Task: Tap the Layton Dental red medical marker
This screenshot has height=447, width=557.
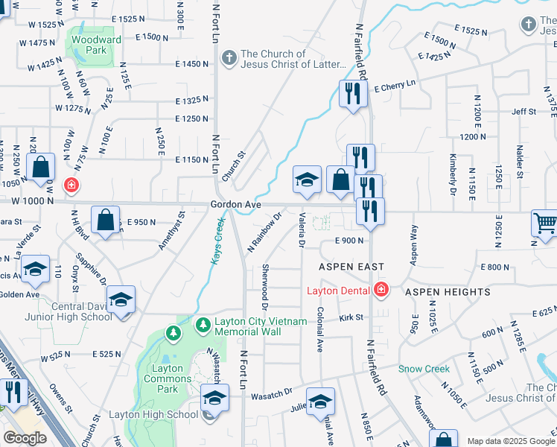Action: [381, 289]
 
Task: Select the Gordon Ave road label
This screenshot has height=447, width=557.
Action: [235, 204]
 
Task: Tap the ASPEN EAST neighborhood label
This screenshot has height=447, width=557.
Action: [351, 267]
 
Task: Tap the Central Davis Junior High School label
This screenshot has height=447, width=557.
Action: [82, 311]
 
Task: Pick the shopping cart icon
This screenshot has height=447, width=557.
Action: [545, 223]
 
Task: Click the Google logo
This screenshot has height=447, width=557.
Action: [25, 438]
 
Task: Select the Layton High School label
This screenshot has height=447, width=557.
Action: [153, 415]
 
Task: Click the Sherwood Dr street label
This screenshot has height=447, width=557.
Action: [264, 287]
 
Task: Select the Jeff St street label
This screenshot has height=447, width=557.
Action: [523, 112]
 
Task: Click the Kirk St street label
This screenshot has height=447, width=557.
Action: [351, 317]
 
